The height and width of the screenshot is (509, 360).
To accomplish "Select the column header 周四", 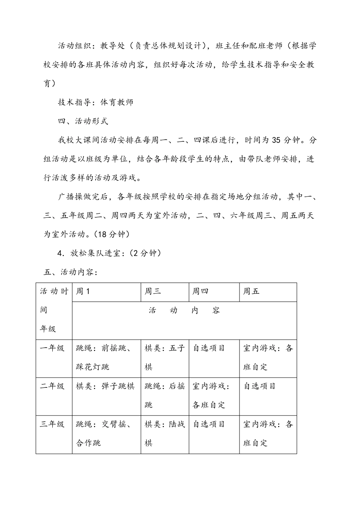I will pyautogui.click(x=200, y=291).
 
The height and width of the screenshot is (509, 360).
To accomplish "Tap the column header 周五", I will pyautogui.click(x=251, y=291).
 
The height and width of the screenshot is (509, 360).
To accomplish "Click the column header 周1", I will pyautogui.click(x=83, y=291).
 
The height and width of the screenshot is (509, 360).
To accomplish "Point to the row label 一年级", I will pyautogui.click(x=52, y=348).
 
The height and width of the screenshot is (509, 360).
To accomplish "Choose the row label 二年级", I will pyautogui.click(x=52, y=386).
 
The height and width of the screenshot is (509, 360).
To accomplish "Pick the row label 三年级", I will pyautogui.click(x=52, y=424).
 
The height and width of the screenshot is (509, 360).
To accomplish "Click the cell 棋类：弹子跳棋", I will pyautogui.click(x=105, y=386).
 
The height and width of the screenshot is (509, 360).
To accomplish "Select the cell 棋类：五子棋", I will pyautogui.click(x=164, y=358).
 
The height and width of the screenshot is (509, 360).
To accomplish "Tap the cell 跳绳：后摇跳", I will pyautogui.click(x=164, y=395).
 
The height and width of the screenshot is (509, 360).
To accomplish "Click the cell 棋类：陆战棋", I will pyautogui.click(x=164, y=433).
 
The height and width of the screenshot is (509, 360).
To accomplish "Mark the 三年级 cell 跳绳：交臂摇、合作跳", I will pyautogui.click(x=104, y=433).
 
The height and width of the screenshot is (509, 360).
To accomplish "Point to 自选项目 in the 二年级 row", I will pyautogui.click(x=260, y=386).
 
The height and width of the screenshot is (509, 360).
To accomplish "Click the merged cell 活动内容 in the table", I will pyautogui.click(x=184, y=311).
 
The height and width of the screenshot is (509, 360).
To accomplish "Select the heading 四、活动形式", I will pyautogui.click(x=83, y=121).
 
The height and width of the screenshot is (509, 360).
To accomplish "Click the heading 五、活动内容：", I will pyautogui.click(x=71, y=272).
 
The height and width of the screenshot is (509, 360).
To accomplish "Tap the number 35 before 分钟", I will pyautogui.click(x=276, y=140).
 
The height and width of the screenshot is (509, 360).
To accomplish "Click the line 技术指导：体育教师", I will pyautogui.click(x=95, y=102).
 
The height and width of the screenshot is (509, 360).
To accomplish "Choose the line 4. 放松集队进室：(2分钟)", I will pyautogui.click(x=110, y=253).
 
